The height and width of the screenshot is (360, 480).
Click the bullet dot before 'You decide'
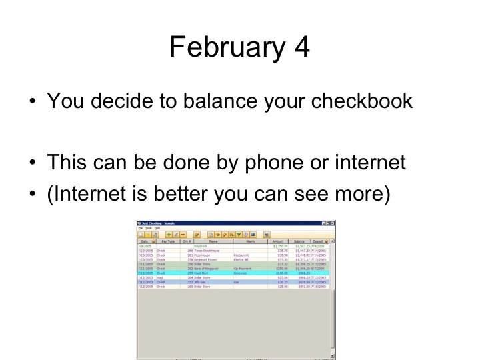tap(33, 102)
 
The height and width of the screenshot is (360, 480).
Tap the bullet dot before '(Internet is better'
tap(33, 193)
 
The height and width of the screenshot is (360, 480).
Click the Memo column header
tap(249, 241)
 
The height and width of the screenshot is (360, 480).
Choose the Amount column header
tap(278, 241)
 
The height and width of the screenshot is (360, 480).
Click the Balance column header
tap(299, 241)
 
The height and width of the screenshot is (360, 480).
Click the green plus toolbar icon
tap(169, 235)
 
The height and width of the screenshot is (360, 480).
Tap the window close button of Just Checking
tap(332, 223)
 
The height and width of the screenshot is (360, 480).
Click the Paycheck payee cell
tap(201, 246)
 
